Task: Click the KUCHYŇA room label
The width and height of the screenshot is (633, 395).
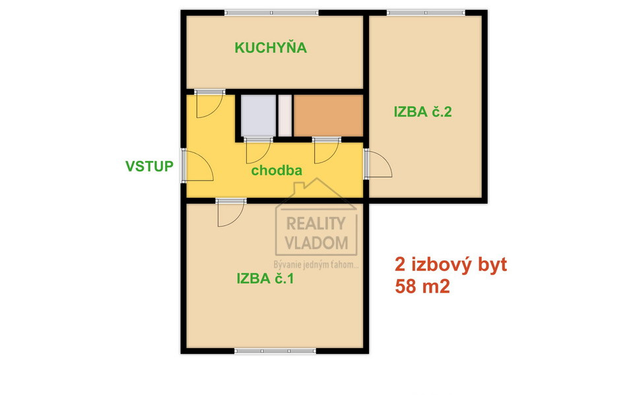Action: [x=271, y=47]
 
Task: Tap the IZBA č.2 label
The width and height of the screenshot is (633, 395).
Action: [x=422, y=111]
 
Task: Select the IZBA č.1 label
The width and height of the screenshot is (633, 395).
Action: [x=265, y=278]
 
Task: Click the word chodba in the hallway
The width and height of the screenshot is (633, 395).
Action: [x=277, y=171]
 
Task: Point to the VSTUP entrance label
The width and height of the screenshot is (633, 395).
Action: [x=149, y=166]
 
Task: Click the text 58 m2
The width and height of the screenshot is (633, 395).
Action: [x=422, y=287]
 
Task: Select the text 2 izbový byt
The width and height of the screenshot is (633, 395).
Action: [x=450, y=265]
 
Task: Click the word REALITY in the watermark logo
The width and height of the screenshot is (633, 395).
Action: [x=316, y=224]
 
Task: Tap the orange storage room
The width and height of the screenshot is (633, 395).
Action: [x=328, y=115]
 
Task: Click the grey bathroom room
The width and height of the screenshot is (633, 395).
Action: [x=257, y=115]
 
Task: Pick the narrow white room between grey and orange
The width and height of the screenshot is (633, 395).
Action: [x=284, y=115]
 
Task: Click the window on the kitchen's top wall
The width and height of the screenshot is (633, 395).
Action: [x=271, y=13]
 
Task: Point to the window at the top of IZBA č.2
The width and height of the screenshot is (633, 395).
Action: [x=426, y=13]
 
